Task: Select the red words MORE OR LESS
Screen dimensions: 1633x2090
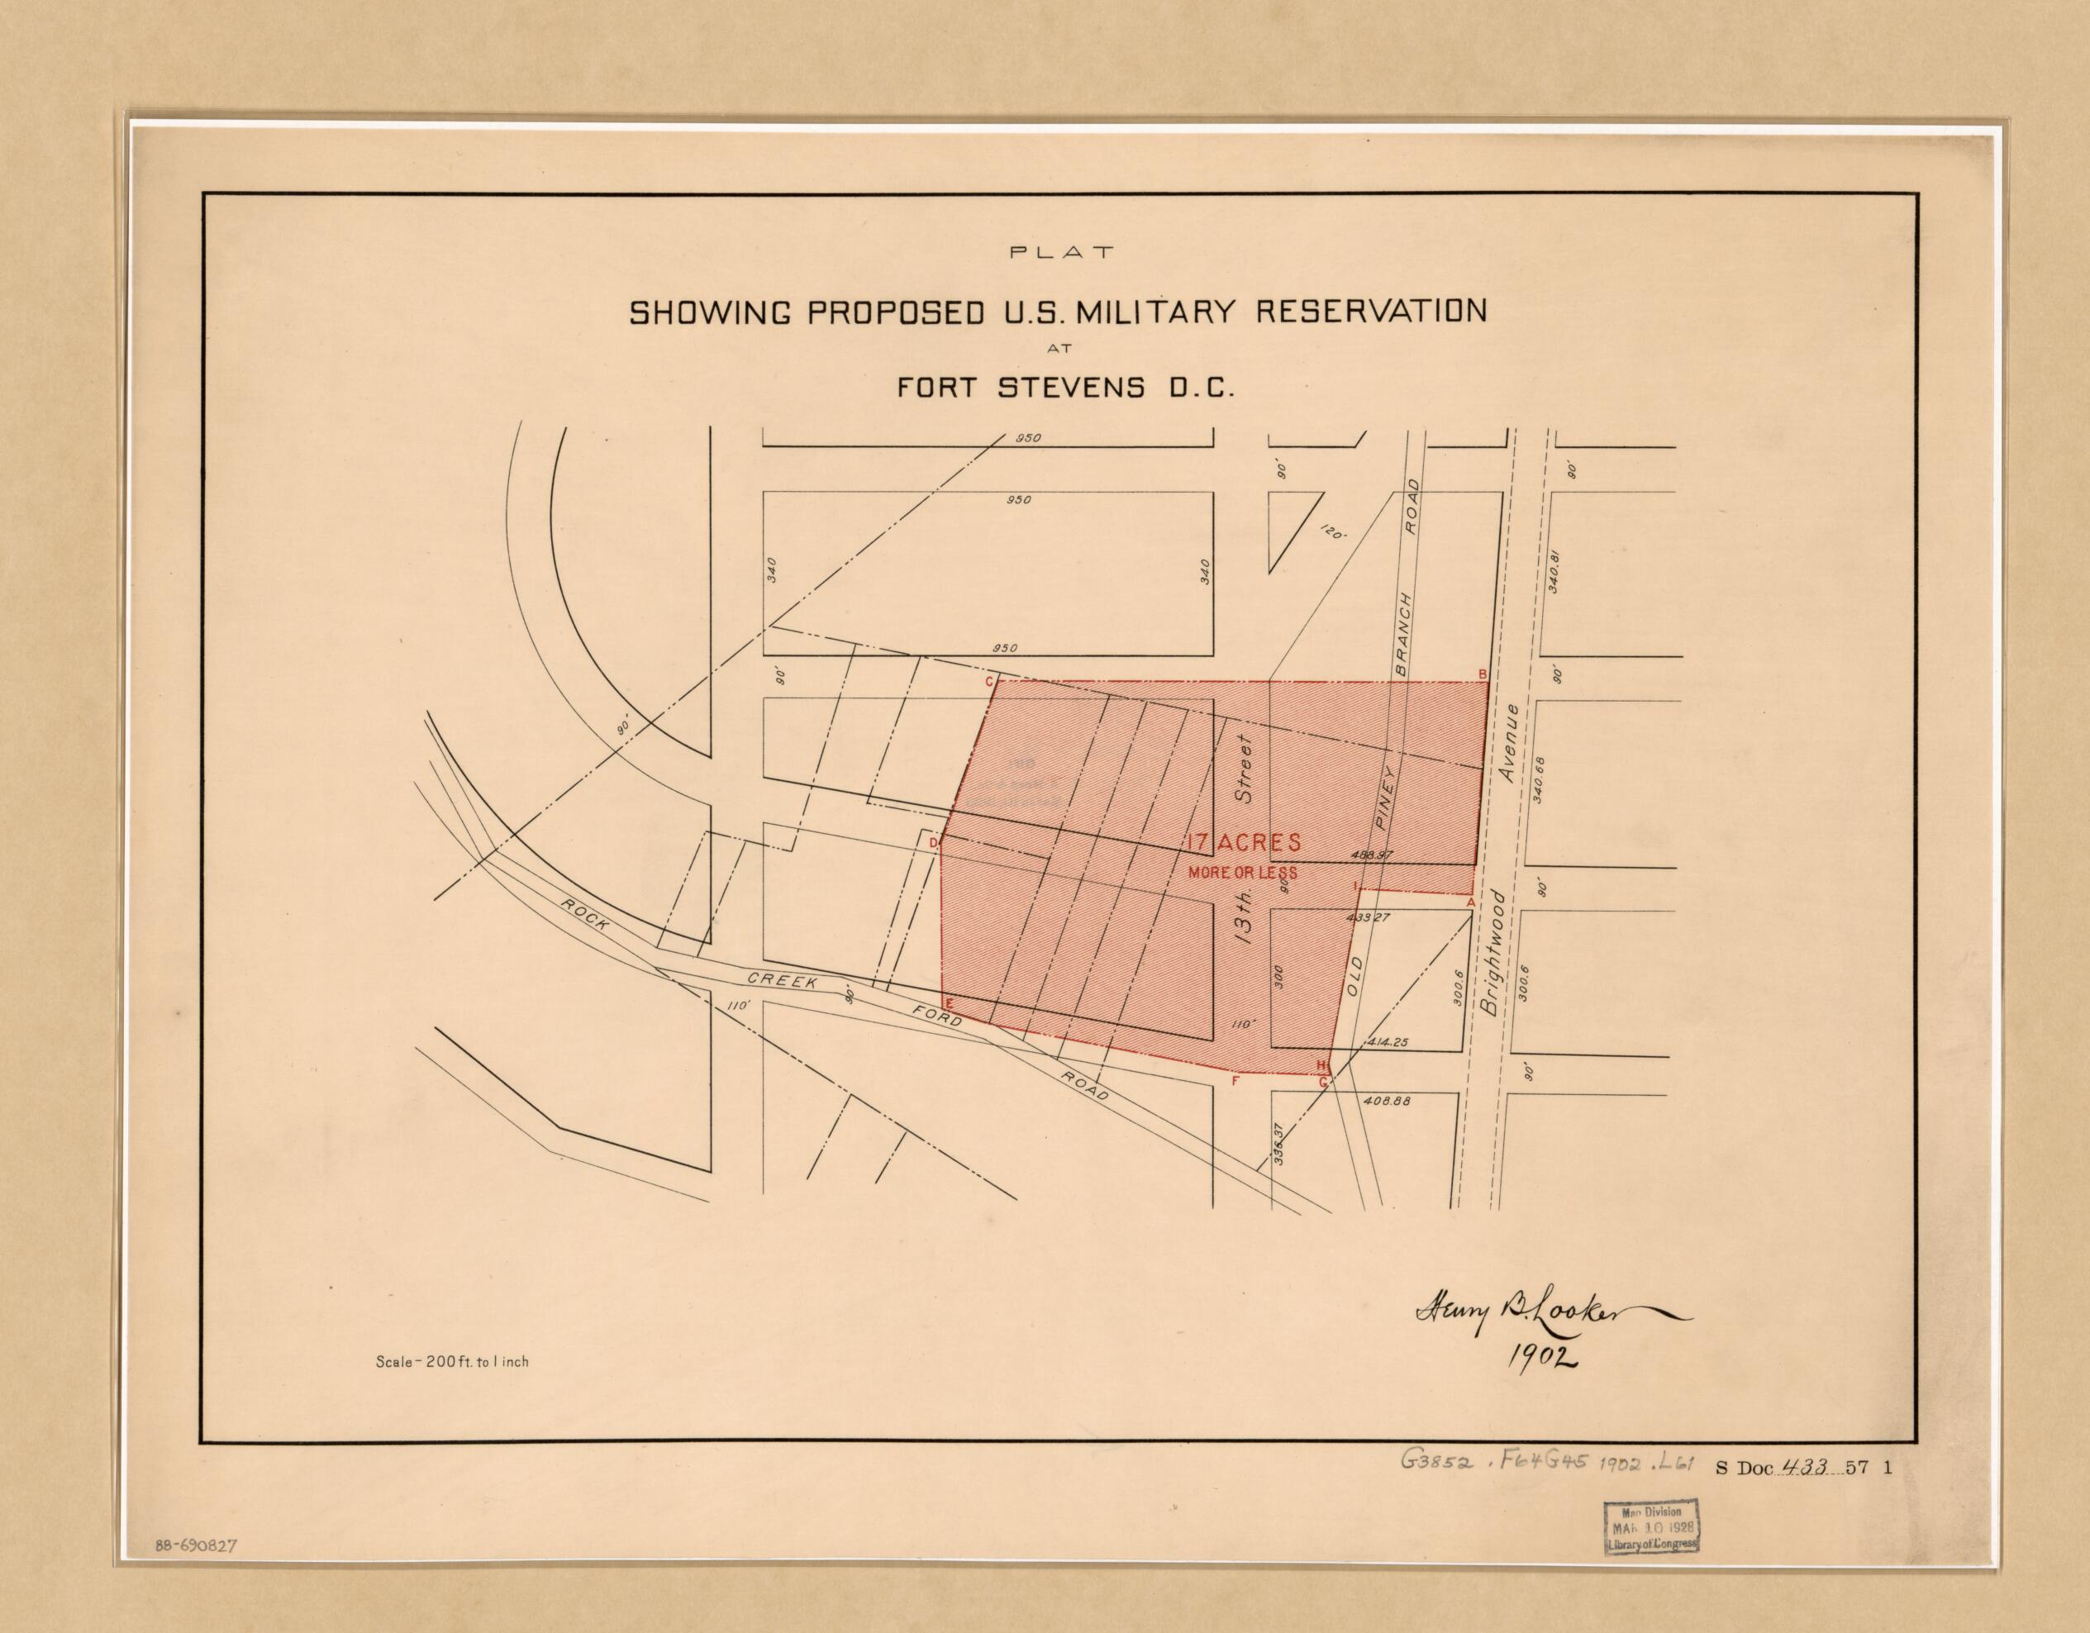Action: click(x=1242, y=872)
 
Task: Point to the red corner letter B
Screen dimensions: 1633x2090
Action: click(x=1483, y=674)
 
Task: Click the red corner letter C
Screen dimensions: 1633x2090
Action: click(x=989, y=683)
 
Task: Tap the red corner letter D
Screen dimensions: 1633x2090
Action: click(x=935, y=842)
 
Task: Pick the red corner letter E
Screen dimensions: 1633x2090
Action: click(x=949, y=1002)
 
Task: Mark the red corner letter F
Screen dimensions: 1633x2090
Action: click(x=1235, y=1082)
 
